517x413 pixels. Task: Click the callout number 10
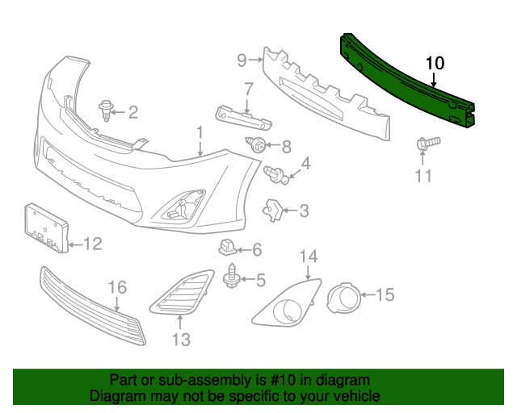(435, 62)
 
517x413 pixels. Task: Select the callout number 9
(242, 59)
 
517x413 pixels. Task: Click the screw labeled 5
(231, 277)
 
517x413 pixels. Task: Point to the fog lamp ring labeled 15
(344, 297)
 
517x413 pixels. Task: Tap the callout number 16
(118, 287)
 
